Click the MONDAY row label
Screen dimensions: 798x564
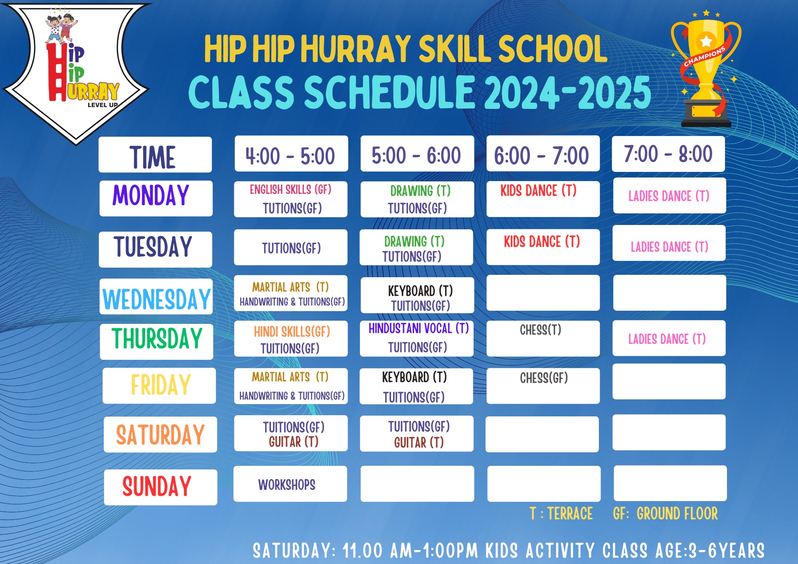pos(156,199)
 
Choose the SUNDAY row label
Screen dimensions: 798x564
pos(161,487)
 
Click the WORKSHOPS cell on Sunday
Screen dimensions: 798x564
pos(290,484)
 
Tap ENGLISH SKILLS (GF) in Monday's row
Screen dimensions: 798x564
pos(290,189)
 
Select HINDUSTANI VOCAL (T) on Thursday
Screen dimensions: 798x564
pos(419,329)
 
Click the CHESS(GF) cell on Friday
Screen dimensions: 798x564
pos(543,386)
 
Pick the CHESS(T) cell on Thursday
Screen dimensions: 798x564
pos(543,339)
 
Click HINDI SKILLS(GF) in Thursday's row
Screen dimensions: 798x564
pos(292,332)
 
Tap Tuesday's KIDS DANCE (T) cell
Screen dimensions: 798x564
pos(543,247)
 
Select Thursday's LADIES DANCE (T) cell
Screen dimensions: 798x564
pos(669,338)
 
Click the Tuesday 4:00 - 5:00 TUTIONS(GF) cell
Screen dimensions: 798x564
pos(290,247)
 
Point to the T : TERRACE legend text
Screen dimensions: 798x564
pos(561,514)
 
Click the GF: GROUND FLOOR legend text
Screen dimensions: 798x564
pos(665,514)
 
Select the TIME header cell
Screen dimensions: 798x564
pos(155,155)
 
